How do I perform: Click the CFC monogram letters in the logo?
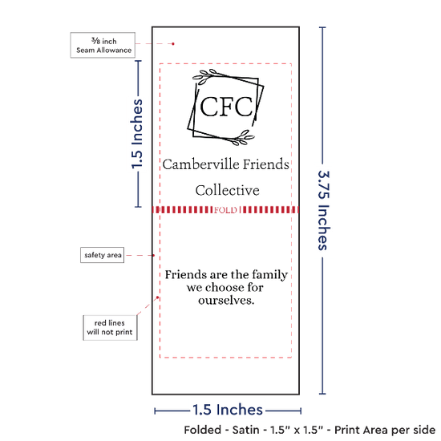click(226, 107)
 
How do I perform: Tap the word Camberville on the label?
click(201, 164)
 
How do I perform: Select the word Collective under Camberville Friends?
click(227, 190)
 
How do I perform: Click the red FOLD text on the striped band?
click(225, 210)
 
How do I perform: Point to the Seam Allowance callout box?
click(103, 45)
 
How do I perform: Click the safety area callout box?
click(103, 255)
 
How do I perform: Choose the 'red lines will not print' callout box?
click(110, 328)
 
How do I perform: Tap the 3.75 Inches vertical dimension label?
click(323, 210)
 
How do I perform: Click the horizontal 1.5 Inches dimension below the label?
click(228, 410)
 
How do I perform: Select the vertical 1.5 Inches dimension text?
click(137, 134)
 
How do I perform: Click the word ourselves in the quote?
click(226, 301)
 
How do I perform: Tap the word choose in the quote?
click(225, 287)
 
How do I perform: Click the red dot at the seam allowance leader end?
click(173, 44)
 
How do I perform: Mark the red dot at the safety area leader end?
click(154, 255)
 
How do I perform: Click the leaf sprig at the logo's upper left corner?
click(205, 76)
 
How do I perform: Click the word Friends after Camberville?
click(265, 164)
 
